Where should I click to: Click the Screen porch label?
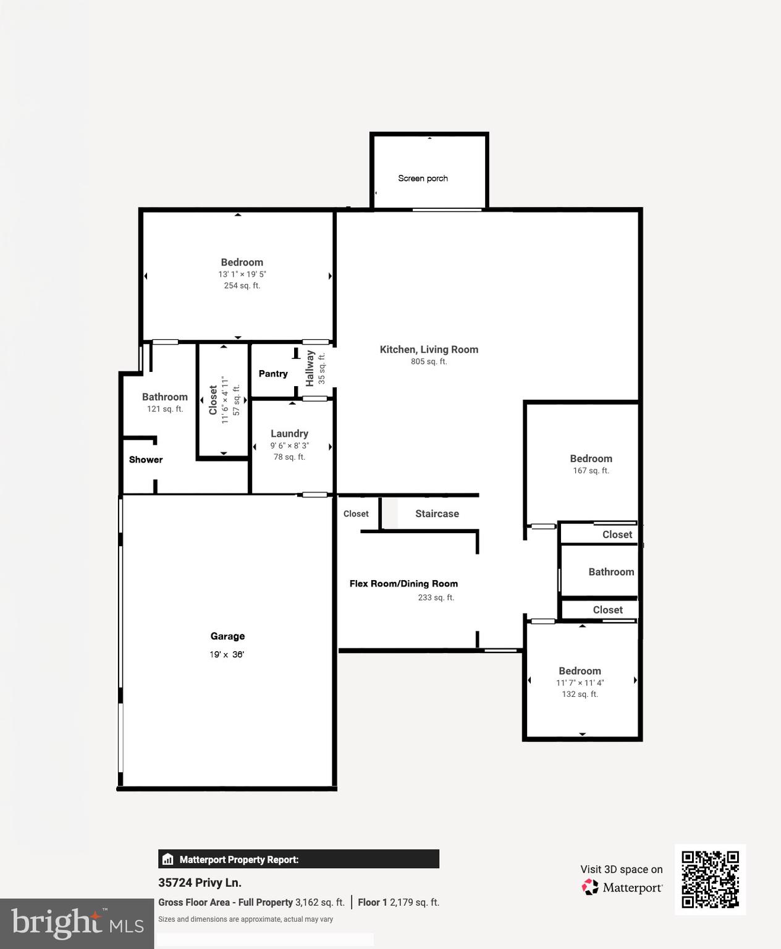[x=423, y=179]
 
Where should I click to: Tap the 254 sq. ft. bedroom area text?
[x=242, y=285]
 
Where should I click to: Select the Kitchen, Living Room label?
[x=429, y=350]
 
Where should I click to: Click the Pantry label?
[x=273, y=374]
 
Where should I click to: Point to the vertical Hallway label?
[x=310, y=368]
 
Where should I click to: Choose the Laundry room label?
[x=289, y=434]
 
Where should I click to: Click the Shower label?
[x=146, y=460]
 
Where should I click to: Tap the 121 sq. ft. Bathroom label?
[x=164, y=397]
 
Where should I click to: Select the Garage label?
[x=227, y=636]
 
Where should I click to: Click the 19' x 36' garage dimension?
[x=227, y=655]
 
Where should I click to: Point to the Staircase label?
[x=437, y=514]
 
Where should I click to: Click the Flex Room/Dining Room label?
[x=403, y=584]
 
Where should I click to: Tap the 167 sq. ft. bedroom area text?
[x=591, y=471]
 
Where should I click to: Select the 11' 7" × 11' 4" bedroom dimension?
[x=580, y=683]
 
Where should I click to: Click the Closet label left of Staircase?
[x=356, y=514]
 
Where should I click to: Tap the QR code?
[x=710, y=879]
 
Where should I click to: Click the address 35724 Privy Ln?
[x=200, y=883]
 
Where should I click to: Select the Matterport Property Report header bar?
[x=298, y=859]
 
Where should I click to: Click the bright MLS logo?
[x=77, y=924]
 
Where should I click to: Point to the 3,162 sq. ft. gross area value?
[x=319, y=903]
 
